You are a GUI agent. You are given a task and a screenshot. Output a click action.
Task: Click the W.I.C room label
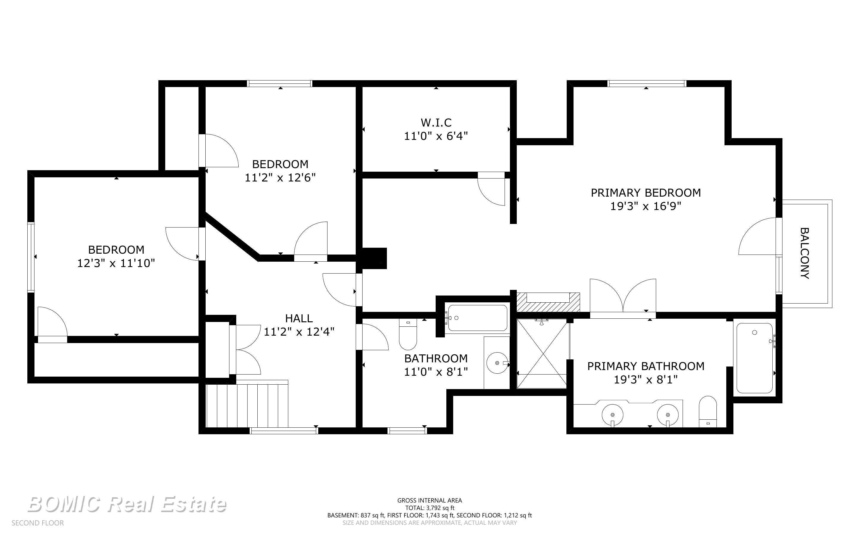coord(436,123)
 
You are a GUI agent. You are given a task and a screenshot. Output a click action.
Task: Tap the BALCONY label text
coord(805,253)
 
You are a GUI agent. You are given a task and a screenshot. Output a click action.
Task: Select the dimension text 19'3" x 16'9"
coord(645,206)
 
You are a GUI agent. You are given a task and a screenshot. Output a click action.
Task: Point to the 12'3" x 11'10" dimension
coord(116,263)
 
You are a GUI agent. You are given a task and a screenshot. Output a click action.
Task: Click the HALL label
coord(299,318)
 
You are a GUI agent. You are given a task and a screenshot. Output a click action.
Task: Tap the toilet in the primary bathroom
coord(708,412)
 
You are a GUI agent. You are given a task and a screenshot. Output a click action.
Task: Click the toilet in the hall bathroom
coord(408,334)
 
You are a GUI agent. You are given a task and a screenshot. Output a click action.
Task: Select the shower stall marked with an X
coord(542,354)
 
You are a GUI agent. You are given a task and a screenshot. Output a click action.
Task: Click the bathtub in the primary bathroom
coord(755,358)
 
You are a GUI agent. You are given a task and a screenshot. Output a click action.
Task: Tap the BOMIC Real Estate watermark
coord(127,504)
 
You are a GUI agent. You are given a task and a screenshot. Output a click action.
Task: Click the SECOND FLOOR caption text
coord(38,523)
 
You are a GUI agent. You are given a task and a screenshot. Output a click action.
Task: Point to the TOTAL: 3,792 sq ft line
coord(430,508)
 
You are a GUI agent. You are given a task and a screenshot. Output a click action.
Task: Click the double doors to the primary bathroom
coord(623,296)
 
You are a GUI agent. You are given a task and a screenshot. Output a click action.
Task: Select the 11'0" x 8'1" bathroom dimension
coord(436,372)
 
